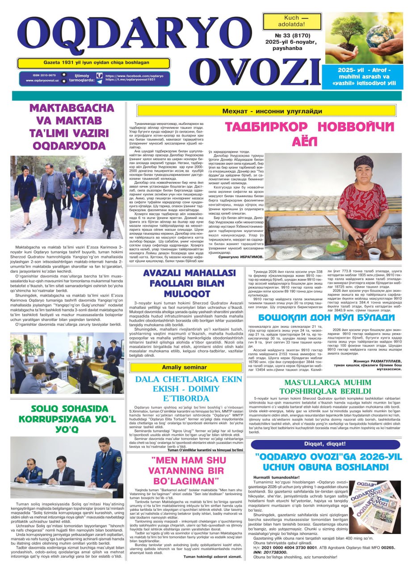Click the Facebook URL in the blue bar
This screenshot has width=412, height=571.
(x=134, y=76)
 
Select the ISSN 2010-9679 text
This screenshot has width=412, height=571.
(x=44, y=75)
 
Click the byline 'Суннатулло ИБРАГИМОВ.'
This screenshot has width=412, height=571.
(x=241, y=257)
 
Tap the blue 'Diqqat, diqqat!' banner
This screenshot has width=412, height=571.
(x=325, y=444)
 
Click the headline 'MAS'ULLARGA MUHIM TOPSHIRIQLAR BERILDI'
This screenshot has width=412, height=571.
(x=327, y=387)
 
